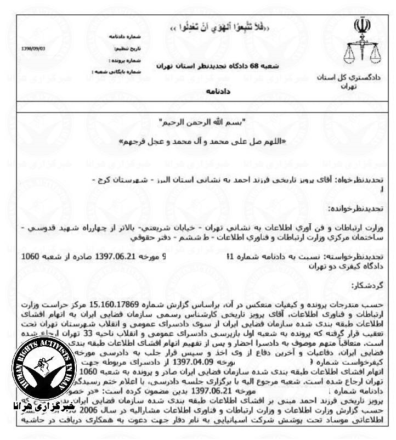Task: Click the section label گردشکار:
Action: pos(376,286)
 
